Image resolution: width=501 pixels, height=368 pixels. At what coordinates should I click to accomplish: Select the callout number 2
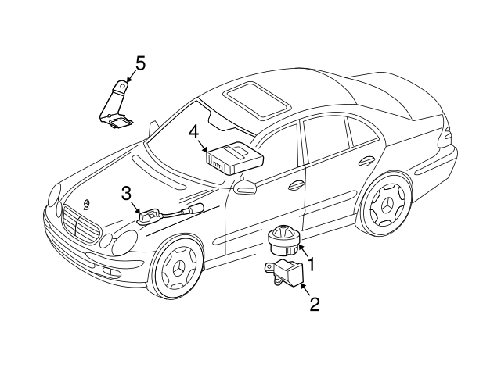click(x=315, y=304)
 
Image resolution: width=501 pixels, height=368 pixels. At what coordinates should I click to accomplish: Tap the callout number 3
click(x=125, y=194)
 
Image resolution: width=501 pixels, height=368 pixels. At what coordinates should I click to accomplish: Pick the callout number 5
click(x=140, y=63)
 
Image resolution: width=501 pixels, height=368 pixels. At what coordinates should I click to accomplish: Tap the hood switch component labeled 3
click(x=146, y=215)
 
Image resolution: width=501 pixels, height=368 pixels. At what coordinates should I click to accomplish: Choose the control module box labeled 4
click(x=232, y=156)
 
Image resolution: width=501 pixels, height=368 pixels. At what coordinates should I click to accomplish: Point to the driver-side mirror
click(x=246, y=186)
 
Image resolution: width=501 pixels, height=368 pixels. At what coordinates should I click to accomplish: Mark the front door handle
click(x=297, y=186)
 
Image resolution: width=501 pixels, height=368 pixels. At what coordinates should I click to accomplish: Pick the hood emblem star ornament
click(x=86, y=205)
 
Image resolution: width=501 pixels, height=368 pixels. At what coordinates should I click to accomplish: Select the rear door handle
click(x=365, y=162)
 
